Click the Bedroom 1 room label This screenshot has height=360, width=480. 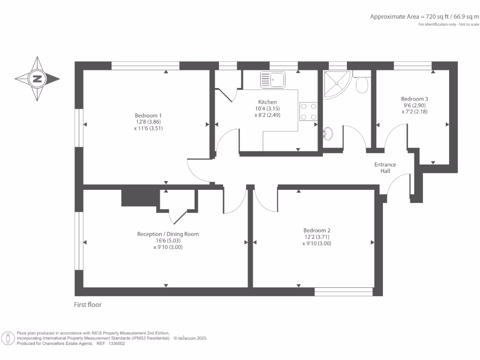click(x=148, y=115)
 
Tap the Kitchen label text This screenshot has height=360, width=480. click(x=267, y=102)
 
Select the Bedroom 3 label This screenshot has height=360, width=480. click(x=414, y=99)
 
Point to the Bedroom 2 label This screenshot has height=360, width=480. click(x=317, y=230)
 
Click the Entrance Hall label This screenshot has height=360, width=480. click(x=385, y=168)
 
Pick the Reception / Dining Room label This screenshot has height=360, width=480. click(x=168, y=234)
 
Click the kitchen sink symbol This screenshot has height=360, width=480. click(x=273, y=80)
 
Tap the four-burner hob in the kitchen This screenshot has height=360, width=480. click(x=308, y=112)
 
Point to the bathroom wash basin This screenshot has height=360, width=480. click(x=328, y=134)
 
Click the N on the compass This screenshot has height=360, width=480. click(x=37, y=79)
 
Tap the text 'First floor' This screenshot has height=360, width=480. click(x=88, y=305)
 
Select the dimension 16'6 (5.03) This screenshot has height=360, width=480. click(x=168, y=240)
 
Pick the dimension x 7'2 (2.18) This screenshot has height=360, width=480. click(x=414, y=112)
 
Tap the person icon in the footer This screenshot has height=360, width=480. click(x=8, y=338)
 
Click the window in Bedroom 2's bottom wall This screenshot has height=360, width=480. click(x=344, y=292)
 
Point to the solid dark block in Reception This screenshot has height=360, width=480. click(x=141, y=198)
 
